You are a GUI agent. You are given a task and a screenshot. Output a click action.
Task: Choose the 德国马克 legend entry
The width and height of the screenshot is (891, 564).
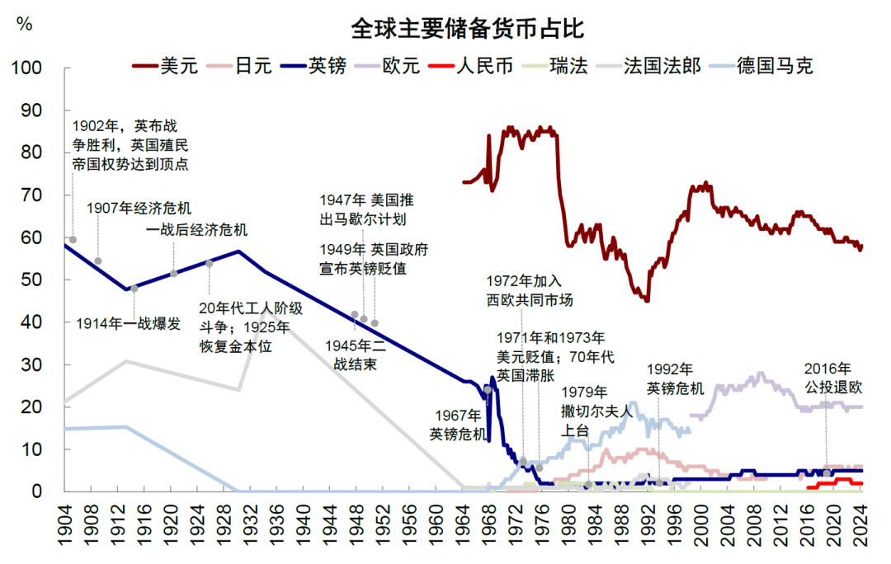pyautogui.click(x=775, y=65)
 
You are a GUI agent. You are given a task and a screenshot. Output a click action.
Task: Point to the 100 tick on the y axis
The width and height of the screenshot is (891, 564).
pyautogui.click(x=30, y=68)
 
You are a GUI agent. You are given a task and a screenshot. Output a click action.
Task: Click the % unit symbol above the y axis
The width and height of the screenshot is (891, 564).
pyautogui.click(x=25, y=24)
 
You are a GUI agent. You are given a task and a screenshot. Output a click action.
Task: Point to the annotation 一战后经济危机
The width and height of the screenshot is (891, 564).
pyautogui.click(x=197, y=229)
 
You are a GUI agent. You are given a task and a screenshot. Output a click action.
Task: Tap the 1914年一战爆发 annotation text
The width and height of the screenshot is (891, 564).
pyautogui.click(x=128, y=323)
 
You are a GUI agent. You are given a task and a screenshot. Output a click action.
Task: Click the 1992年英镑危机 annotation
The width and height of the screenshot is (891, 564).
pyautogui.click(x=675, y=378)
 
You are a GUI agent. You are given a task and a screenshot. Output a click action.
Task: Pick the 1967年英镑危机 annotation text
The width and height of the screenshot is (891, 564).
pyautogui.click(x=459, y=424)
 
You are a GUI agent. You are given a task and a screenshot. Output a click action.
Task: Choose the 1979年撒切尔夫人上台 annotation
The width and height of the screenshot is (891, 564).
pyautogui.click(x=596, y=411)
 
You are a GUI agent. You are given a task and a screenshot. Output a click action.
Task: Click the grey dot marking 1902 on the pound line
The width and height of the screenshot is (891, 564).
pyautogui.click(x=73, y=240)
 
